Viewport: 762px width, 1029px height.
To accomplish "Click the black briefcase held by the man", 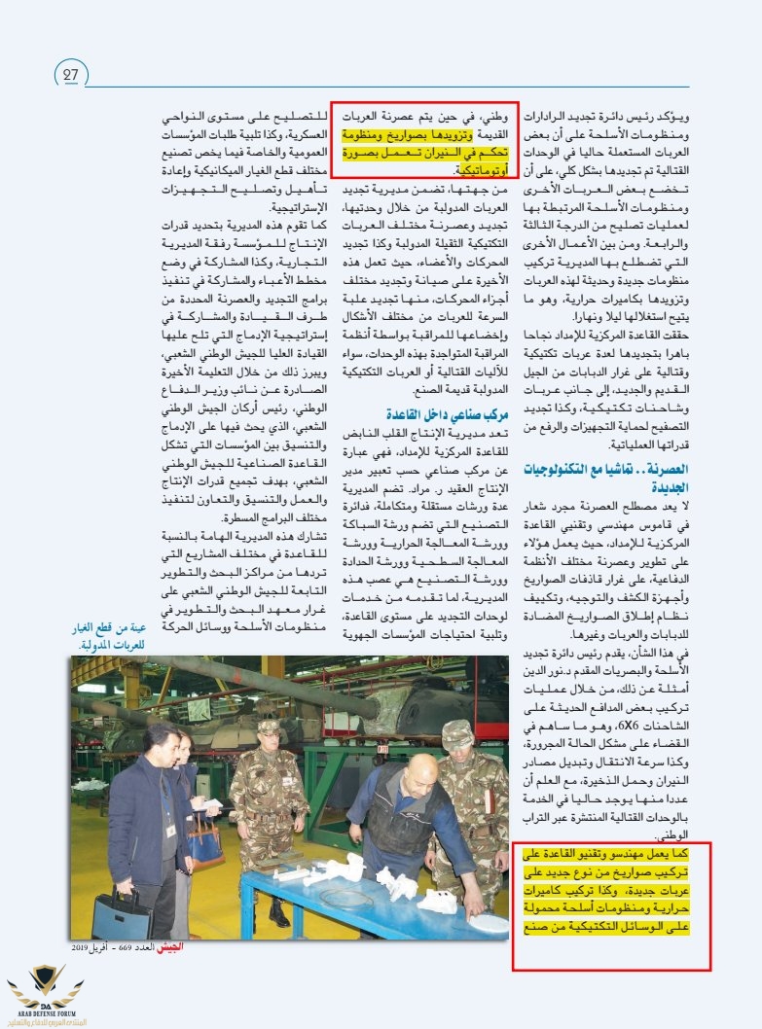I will pos(123,910).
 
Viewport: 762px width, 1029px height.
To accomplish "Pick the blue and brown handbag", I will pos(205,842).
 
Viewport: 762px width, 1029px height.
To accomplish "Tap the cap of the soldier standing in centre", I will pos(268,727).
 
